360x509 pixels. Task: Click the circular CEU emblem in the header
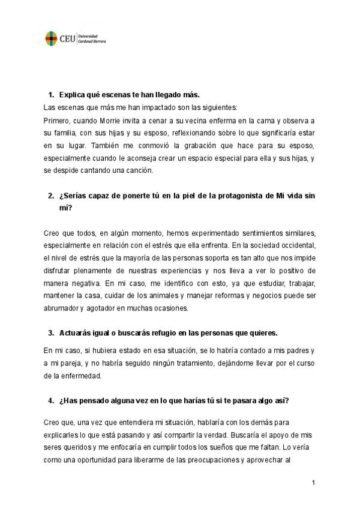(52, 38)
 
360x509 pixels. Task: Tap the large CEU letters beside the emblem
(67, 39)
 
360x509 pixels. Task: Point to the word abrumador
(61, 308)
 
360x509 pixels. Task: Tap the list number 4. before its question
(52, 401)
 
